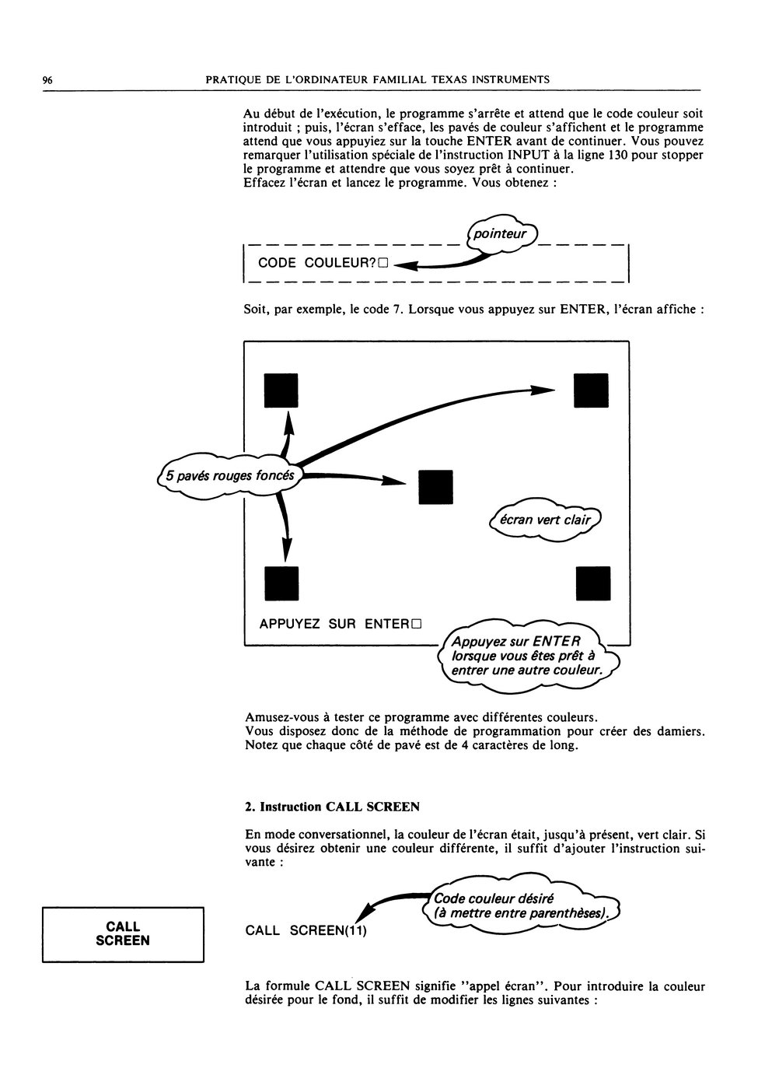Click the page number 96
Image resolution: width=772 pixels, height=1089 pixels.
tap(47, 80)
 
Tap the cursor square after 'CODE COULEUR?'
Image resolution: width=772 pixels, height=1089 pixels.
tap(383, 264)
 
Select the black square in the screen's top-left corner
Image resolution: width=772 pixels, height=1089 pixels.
tap(281, 390)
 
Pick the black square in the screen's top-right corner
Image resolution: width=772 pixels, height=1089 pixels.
tap(591, 390)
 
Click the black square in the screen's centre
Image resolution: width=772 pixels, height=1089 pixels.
tap(435, 487)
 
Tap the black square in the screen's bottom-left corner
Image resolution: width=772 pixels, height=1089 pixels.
tap(281, 583)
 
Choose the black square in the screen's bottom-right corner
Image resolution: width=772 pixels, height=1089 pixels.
tap(592, 583)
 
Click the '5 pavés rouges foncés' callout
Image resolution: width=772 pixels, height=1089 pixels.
tap(230, 476)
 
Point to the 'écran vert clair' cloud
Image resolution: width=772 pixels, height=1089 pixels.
tap(545, 520)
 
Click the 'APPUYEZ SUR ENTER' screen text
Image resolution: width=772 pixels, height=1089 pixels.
tap(335, 624)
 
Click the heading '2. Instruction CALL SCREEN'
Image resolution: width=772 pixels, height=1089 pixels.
tap(332, 807)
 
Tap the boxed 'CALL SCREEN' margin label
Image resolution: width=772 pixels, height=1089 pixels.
tap(123, 934)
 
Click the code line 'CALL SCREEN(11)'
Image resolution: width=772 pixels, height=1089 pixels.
tap(306, 930)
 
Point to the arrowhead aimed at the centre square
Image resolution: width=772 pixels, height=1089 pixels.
tap(393, 481)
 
